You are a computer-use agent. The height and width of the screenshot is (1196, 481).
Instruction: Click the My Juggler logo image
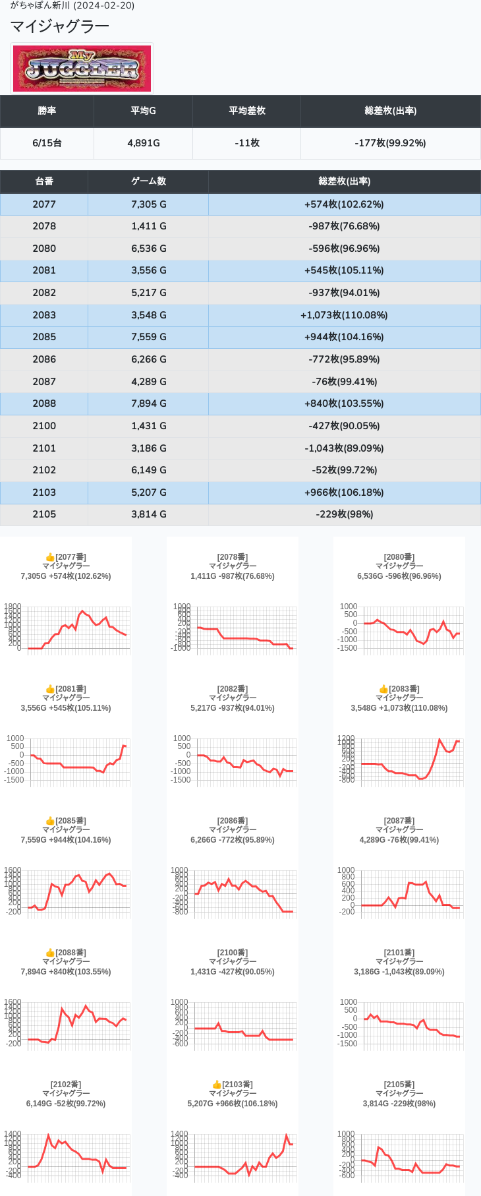[82, 69]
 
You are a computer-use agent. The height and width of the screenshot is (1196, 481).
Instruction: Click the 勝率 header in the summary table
[47, 111]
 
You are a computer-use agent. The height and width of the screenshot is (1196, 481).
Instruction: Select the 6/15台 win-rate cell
[47, 143]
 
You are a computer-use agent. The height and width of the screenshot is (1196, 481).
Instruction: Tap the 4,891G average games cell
[144, 143]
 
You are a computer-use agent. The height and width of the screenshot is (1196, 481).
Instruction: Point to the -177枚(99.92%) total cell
[390, 143]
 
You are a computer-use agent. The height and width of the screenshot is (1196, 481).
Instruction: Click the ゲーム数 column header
[148, 181]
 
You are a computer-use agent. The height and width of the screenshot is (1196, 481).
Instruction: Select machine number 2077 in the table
[44, 204]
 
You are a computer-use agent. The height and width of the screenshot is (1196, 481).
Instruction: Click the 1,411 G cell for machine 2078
[148, 226]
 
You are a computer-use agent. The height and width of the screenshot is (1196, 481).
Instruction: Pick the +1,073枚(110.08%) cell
[344, 315]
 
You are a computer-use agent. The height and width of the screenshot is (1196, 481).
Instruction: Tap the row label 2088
[44, 404]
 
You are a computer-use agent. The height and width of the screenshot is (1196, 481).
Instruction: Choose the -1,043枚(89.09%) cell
[344, 448]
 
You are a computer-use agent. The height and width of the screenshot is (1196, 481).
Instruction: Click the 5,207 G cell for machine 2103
[148, 493]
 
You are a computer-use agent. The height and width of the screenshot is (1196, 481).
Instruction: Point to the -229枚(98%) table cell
[344, 514]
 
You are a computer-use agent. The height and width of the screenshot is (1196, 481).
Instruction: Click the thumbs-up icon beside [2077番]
[50, 557]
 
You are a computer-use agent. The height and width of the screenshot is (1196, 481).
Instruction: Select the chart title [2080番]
[399, 557]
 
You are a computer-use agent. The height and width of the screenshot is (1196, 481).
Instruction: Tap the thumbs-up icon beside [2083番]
[383, 689]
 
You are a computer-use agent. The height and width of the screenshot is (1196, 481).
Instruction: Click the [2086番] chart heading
[233, 821]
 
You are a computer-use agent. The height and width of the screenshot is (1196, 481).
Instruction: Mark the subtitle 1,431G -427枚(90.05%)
[233, 972]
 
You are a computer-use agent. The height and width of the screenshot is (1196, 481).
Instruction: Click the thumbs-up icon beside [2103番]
[217, 1085]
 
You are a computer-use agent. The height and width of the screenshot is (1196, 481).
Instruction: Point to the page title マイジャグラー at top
[60, 26]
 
